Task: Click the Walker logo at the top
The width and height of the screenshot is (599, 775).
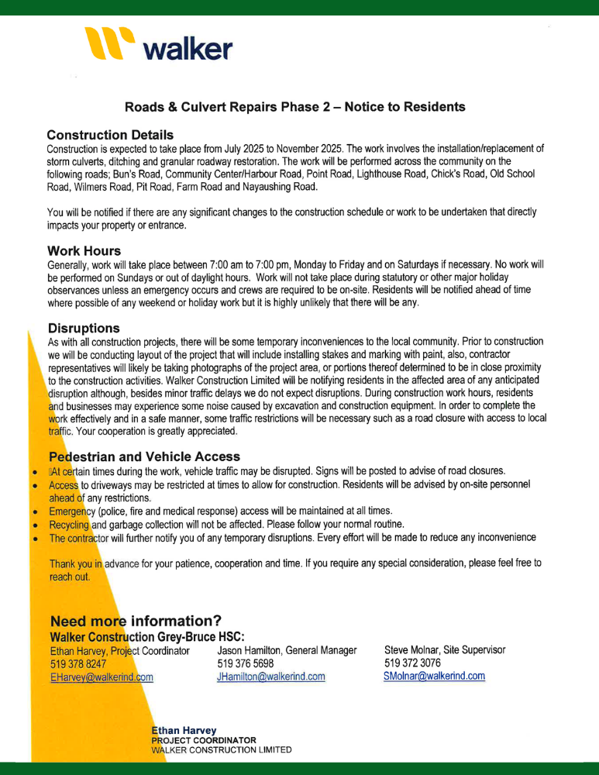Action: [160, 46]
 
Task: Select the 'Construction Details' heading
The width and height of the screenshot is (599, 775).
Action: [110, 135]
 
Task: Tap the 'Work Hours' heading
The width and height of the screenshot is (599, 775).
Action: [84, 251]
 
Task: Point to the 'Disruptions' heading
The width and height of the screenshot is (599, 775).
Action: [84, 328]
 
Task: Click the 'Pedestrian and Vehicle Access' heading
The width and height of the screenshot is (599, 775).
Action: [144, 456]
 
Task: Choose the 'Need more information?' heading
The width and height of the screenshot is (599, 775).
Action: [136, 621]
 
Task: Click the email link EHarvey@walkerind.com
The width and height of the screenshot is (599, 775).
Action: [101, 677]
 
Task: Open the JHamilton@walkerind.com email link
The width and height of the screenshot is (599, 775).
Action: [271, 677]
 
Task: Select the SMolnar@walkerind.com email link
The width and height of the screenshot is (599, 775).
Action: [434, 676]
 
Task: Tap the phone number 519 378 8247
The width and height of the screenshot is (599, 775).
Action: [77, 664]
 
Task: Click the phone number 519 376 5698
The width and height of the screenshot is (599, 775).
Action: [246, 663]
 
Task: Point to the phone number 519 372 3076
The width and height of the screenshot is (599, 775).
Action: [412, 663]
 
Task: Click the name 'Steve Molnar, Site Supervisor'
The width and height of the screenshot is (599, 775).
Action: [445, 649]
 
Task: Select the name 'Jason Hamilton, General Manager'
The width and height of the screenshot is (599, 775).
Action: [287, 650]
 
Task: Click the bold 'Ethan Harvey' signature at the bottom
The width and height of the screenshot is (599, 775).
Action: [184, 730]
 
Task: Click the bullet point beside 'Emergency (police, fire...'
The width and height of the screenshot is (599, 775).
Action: [35, 512]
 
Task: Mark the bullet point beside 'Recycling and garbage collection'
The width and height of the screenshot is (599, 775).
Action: [35, 525]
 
